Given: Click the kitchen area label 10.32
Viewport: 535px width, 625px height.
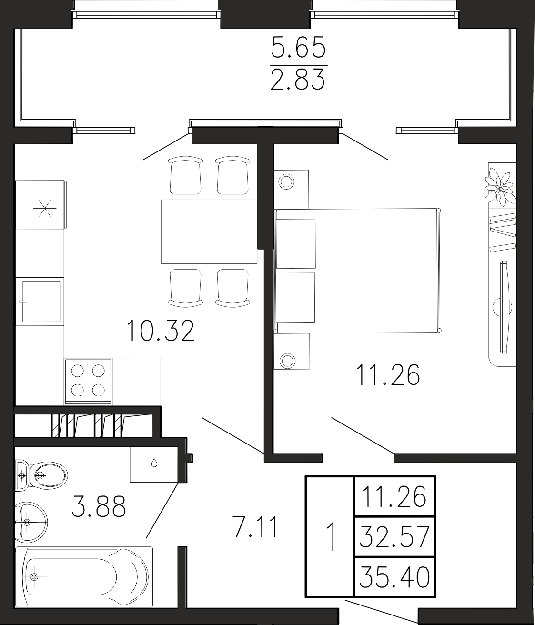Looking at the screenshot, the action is [161, 332].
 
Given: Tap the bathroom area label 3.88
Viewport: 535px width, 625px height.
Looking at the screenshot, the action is [99, 506].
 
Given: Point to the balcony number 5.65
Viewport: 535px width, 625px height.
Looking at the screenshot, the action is [299, 47].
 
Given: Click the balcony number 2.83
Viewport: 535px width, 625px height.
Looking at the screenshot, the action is [298, 79].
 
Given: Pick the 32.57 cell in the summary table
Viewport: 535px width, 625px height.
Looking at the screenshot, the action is [394, 536].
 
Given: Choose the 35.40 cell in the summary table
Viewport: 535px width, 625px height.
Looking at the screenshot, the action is [394, 576].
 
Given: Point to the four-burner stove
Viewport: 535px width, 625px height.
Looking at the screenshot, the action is [88, 381].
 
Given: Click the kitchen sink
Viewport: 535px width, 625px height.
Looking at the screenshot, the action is [41, 301].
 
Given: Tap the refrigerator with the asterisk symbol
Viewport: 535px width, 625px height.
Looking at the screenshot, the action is [40, 205].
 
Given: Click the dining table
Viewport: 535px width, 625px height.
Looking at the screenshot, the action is [209, 232].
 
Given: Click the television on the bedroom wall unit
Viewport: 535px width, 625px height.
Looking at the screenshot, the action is [505, 307].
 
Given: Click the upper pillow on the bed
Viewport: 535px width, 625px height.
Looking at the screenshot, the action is [296, 243].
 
